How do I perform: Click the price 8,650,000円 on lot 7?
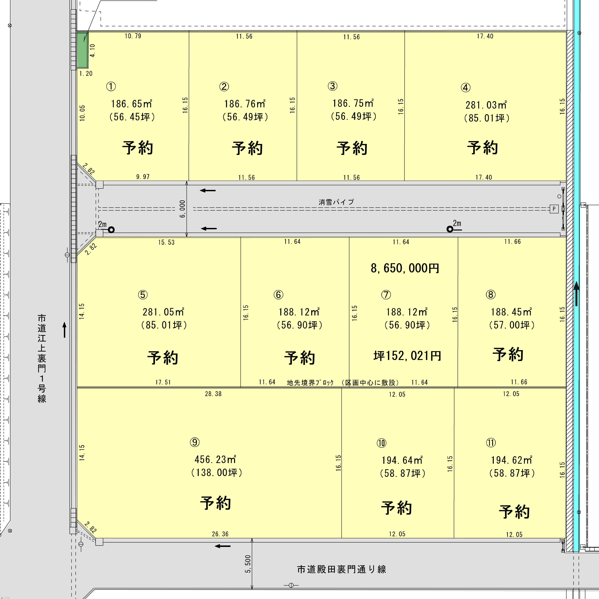pos(405,268)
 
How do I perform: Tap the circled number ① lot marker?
pos(111,86)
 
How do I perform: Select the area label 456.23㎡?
pos(215,459)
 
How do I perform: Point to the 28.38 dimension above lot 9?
pos(213,394)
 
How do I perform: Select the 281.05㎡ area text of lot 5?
pos(163,312)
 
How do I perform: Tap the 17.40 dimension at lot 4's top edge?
pos(485,36)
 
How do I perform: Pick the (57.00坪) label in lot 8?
pos(512,325)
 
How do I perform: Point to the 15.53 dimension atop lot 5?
pos(167,242)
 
